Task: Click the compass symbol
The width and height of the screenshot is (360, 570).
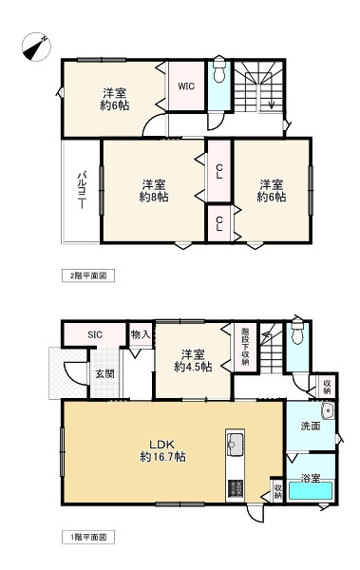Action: click(x=35, y=45)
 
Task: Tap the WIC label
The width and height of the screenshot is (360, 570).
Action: click(x=186, y=85)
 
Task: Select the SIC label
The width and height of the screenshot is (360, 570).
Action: click(x=95, y=333)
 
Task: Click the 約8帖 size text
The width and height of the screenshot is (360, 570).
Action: click(x=153, y=197)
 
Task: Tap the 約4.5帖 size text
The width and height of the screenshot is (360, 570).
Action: click(x=191, y=365)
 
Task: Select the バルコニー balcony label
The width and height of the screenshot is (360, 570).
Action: click(x=83, y=189)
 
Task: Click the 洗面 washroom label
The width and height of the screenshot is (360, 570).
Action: click(x=308, y=427)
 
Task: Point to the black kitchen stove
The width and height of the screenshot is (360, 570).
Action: click(x=235, y=488)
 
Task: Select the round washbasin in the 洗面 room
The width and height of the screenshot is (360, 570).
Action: click(x=327, y=411)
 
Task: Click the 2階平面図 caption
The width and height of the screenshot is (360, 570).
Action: click(x=88, y=275)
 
